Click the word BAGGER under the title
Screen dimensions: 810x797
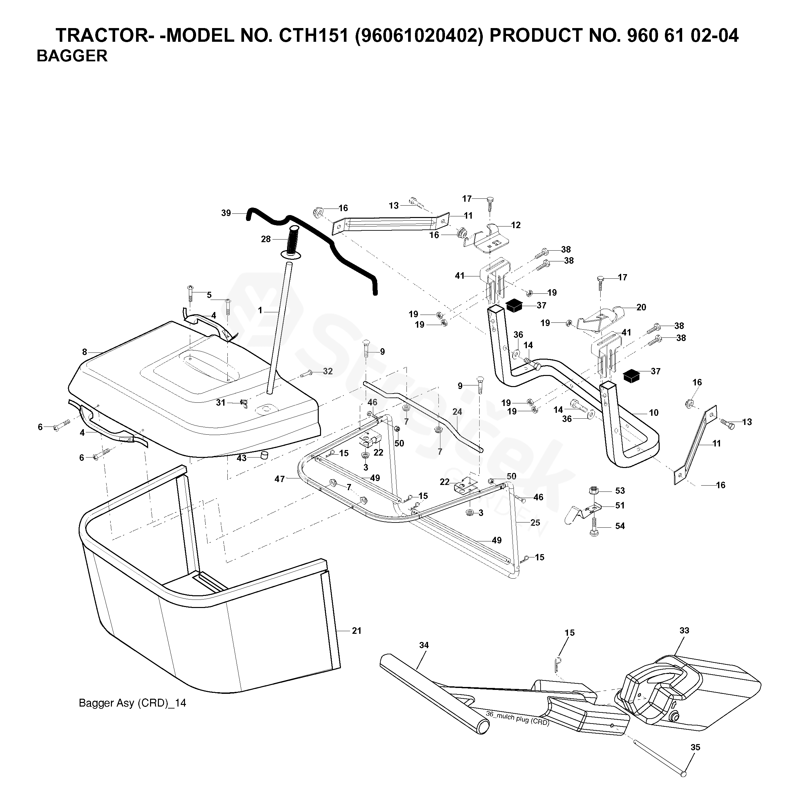tap(72, 56)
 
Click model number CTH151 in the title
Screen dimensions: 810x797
tap(314, 36)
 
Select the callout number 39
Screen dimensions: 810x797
tap(226, 213)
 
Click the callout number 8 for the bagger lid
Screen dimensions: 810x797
tap(84, 352)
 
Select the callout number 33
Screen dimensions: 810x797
tap(684, 630)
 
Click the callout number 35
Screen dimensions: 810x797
tap(695, 747)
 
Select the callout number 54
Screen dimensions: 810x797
tap(620, 526)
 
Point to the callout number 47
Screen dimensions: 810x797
tap(280, 479)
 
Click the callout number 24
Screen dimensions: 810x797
tap(457, 412)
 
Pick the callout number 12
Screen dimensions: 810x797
tap(516, 225)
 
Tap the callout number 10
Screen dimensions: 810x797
tap(653, 413)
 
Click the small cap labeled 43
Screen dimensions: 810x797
tap(264, 456)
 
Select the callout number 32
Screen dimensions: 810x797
tap(328, 371)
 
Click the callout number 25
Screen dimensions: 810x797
tap(535, 523)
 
